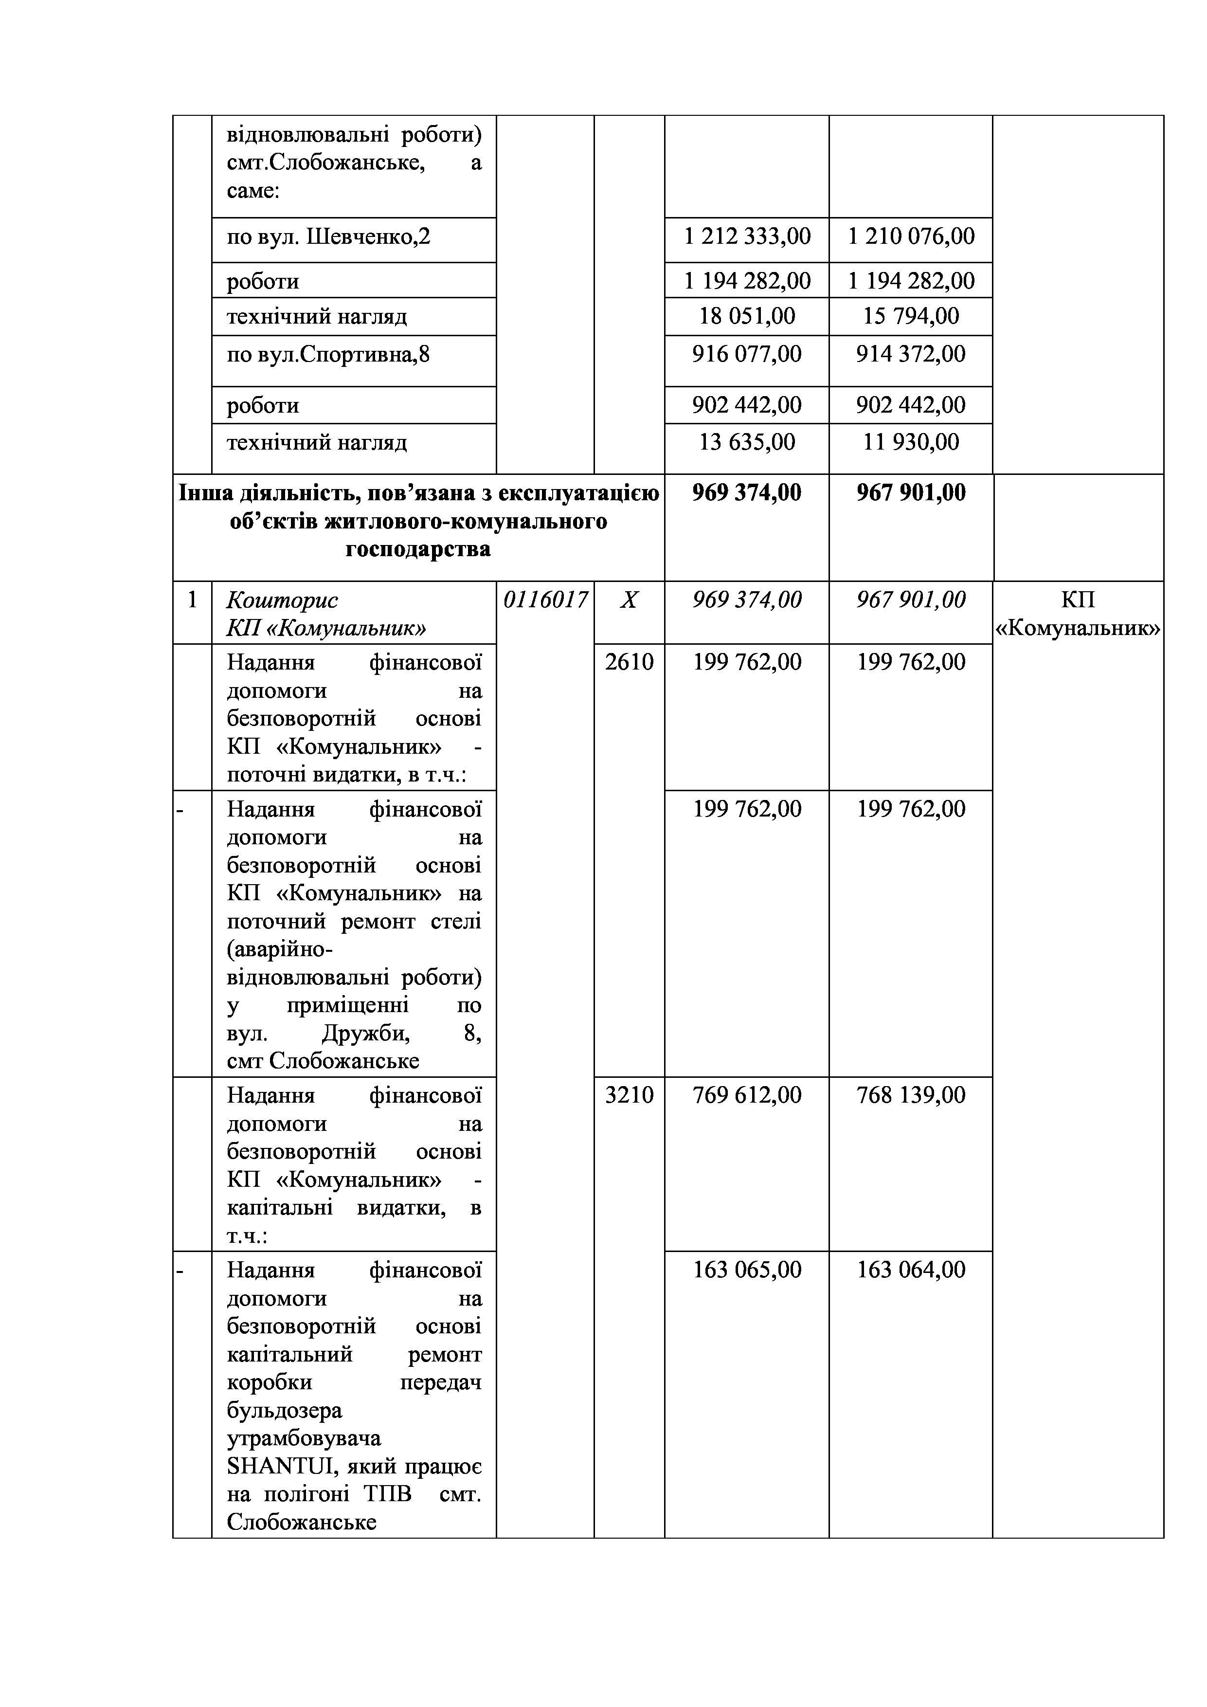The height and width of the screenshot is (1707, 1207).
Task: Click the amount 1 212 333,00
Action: [747, 236]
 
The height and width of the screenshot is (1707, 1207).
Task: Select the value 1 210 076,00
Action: [911, 236]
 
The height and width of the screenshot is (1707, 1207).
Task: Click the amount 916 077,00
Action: [747, 354]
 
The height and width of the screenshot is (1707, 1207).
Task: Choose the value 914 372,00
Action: [911, 354]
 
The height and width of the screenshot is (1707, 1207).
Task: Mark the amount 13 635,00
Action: [747, 442]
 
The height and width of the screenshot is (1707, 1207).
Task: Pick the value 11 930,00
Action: [911, 442]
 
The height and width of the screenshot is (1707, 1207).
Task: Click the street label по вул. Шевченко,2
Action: [328, 237]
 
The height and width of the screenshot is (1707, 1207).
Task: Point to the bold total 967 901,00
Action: [911, 493]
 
